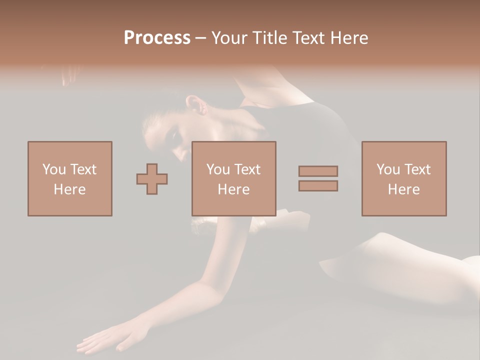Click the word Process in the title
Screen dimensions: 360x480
pyautogui.click(x=157, y=38)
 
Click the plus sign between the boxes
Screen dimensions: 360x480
pyautogui.click(x=152, y=179)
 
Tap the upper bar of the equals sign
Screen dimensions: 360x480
pyautogui.click(x=318, y=171)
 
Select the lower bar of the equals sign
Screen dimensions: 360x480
pyautogui.click(x=318, y=186)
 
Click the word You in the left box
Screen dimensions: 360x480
pyautogui.click(x=54, y=169)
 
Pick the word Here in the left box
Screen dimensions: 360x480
pyautogui.click(x=69, y=189)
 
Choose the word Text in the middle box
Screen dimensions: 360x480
pyautogui.click(x=247, y=169)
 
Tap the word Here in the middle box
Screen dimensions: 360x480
pyautogui.click(x=233, y=189)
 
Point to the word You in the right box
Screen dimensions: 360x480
pyautogui.click(x=388, y=169)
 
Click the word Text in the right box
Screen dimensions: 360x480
pyautogui.click(x=417, y=169)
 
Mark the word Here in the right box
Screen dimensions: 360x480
pyautogui.click(x=403, y=189)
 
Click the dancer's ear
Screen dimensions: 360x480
pyautogui.click(x=195, y=105)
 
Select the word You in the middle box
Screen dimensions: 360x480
pyautogui.click(x=218, y=169)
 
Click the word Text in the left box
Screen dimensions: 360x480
pyautogui.click(x=83, y=169)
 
